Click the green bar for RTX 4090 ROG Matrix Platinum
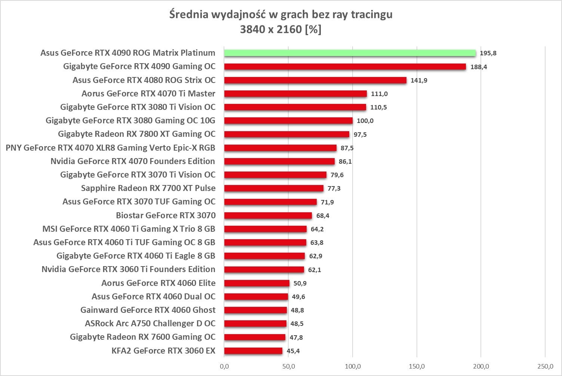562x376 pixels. coord(350,53)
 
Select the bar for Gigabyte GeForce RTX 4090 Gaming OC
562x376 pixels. coord(345,67)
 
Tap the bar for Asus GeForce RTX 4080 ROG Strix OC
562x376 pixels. coord(315,80)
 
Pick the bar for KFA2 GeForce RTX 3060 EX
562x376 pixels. coord(253,351)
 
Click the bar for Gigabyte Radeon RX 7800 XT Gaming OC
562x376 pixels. coord(286,134)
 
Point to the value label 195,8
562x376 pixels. coord(488,53)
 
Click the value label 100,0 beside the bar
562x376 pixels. coord(365,121)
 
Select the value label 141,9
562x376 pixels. coord(419,80)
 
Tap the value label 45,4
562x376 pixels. coord(293,351)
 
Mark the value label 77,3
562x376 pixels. coord(334,188)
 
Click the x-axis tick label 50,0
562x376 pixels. coord(289,366)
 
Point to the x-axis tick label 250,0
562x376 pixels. coord(545,366)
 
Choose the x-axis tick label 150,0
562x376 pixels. coord(417,366)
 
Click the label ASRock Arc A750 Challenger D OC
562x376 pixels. coord(150,323)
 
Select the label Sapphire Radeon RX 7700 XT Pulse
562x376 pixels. coord(148,188)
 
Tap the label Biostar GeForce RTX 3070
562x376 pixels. coord(166,215)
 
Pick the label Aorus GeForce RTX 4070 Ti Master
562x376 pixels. coord(148,93)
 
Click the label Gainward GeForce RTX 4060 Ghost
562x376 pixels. coord(148,310)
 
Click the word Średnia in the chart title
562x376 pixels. coord(188,15)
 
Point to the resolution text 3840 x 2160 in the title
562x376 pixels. coord(271,29)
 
